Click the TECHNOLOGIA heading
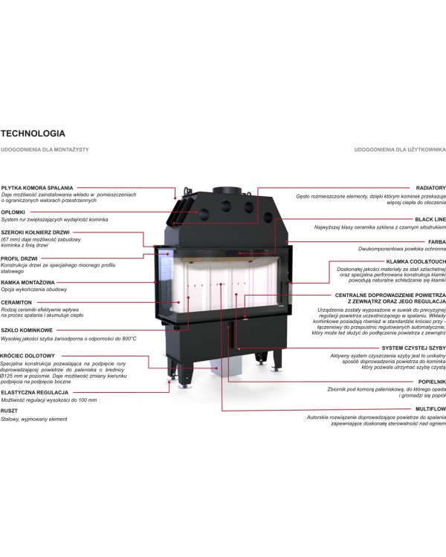coord(33,134)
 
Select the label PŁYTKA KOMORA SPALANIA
coord(37,188)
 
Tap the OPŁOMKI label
coord(13,212)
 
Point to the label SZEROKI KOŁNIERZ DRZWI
coord(35,232)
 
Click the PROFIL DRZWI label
coord(19,258)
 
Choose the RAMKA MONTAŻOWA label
coord(28,283)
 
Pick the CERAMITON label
coord(16,303)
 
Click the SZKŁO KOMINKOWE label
coord(27,330)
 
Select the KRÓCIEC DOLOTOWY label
coord(28,356)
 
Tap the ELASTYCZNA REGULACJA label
coord(34,393)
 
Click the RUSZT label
coord(9,411)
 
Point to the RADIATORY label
coord(430,188)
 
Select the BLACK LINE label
coord(430,220)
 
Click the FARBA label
coord(437,242)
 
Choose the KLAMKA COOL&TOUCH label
coord(416,262)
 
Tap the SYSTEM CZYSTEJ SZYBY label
coord(413,348)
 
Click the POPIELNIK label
coord(432,382)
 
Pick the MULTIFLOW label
coord(430,409)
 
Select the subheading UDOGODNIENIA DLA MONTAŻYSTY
coord(45,149)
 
